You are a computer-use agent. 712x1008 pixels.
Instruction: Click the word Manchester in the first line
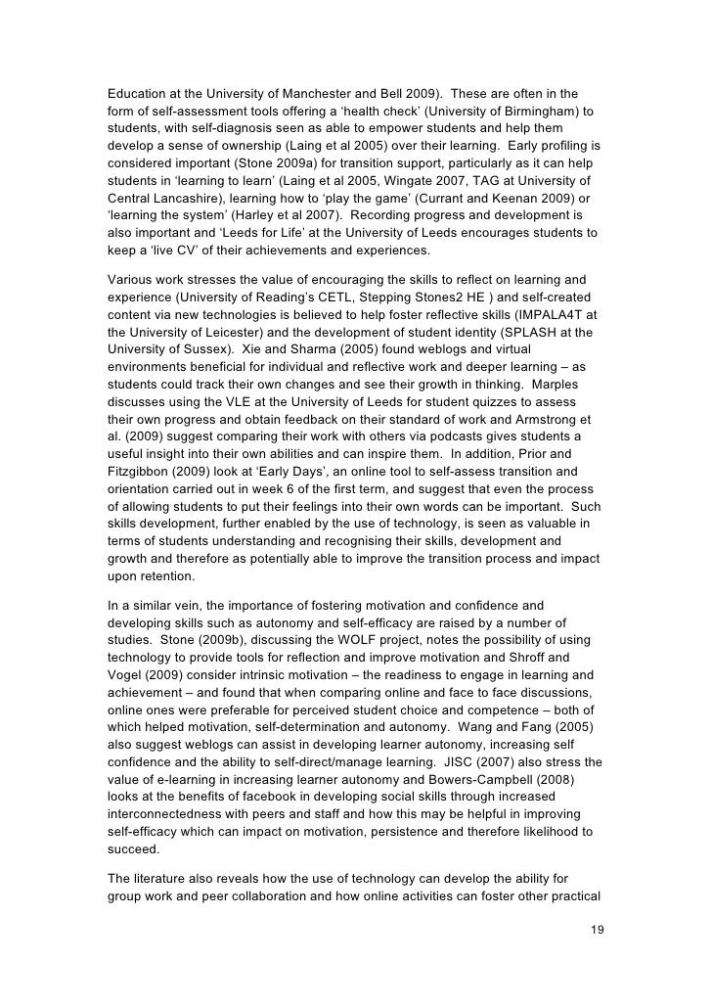point(297,94)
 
